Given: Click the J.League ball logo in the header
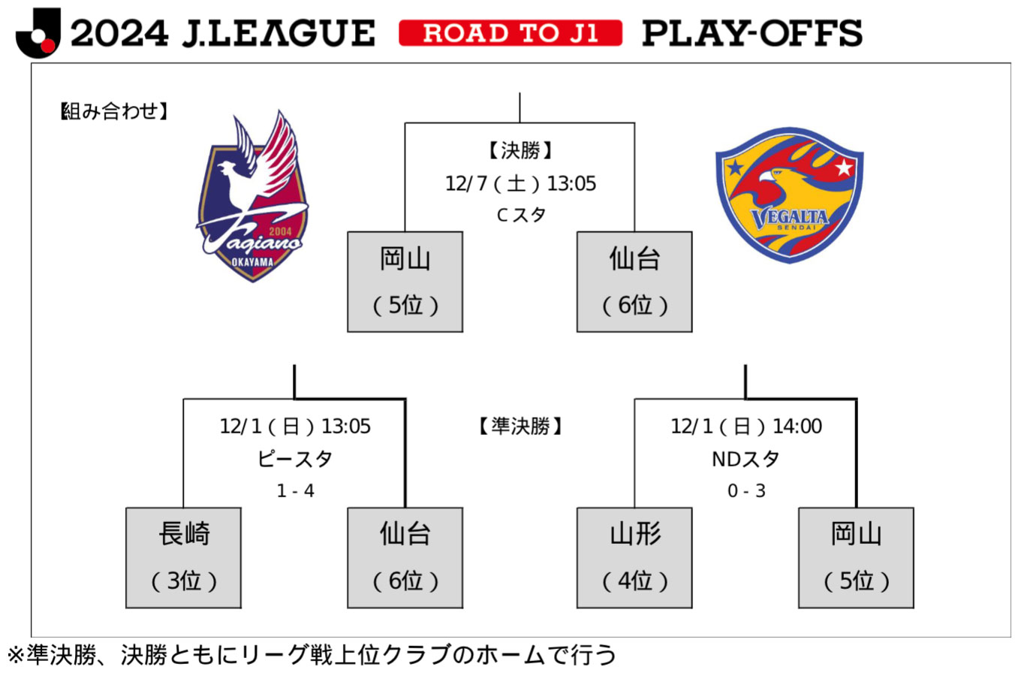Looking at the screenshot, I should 38,33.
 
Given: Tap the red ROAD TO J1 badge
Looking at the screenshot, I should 510,33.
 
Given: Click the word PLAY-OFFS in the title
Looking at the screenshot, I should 751,33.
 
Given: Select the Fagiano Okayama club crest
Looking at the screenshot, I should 252,197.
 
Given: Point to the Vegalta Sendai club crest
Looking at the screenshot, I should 789,195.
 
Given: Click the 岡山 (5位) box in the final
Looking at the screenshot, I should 405,282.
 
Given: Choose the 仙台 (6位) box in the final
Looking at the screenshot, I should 634,282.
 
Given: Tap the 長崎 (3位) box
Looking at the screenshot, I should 183,557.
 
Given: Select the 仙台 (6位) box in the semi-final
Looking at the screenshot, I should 405,557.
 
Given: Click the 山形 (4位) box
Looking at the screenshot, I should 634,557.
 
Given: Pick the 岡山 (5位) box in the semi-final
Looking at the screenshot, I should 856,557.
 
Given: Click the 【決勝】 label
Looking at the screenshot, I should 520,151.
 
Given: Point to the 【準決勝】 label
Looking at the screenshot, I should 520,427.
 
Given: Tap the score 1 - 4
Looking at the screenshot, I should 295,491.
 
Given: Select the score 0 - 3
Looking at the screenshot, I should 746,491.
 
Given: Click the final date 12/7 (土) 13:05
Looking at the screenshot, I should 520,183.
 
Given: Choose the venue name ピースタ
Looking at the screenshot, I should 295,458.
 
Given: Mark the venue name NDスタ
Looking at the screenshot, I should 745,458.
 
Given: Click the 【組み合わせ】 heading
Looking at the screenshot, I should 115,112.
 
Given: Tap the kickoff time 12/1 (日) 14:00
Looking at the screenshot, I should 745,427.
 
